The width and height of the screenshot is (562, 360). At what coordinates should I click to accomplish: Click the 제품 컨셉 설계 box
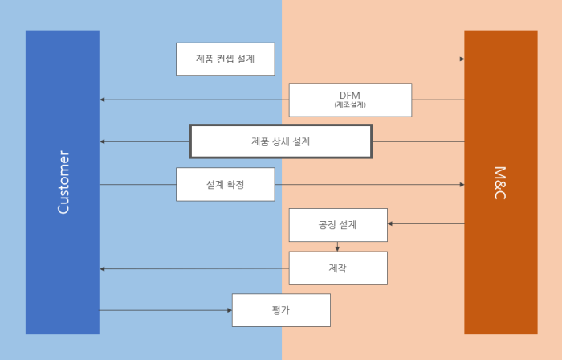(x=225, y=59)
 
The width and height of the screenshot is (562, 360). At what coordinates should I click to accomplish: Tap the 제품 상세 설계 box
(x=280, y=141)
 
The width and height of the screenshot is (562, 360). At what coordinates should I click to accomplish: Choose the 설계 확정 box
(x=225, y=184)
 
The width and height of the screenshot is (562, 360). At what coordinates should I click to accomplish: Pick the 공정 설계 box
(x=337, y=224)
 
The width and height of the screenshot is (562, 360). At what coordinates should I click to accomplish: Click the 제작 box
(x=337, y=268)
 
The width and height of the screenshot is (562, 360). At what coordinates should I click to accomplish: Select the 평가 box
(x=280, y=310)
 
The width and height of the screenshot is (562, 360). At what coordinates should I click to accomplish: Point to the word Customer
(x=63, y=182)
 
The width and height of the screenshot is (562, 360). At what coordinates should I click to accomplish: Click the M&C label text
(x=500, y=182)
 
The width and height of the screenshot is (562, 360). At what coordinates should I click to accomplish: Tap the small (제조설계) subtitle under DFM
(x=350, y=105)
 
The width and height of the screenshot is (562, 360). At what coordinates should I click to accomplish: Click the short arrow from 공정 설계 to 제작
(x=337, y=246)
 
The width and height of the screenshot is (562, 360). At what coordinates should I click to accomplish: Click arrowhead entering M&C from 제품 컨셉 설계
(x=462, y=59)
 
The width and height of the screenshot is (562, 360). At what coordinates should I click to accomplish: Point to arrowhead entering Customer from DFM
(x=103, y=100)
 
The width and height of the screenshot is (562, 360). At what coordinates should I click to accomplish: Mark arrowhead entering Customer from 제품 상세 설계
(x=103, y=141)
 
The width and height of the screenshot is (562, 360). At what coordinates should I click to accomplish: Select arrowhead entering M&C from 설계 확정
(x=462, y=184)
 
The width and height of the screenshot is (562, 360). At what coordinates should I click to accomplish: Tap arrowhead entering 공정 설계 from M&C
(x=390, y=223)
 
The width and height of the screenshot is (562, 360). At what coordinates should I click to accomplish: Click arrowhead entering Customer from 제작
(x=103, y=268)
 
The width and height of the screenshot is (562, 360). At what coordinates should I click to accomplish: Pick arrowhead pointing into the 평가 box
(x=229, y=310)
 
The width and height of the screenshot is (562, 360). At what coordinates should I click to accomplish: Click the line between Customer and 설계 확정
(x=137, y=184)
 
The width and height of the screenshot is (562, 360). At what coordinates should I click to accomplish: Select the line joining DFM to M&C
(x=438, y=100)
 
